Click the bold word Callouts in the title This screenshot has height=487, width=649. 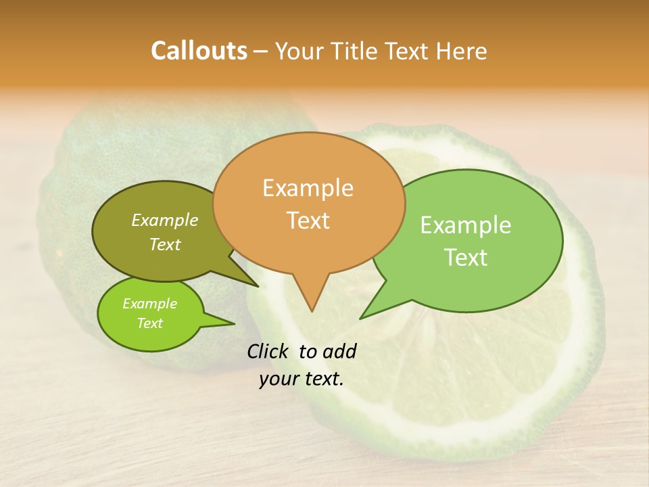[x=199, y=51]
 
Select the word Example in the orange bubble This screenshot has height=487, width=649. [x=308, y=188]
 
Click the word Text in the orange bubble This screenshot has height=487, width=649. [x=308, y=221]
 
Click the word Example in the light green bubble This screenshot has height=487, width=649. [x=466, y=225]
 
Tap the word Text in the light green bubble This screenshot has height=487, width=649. [x=466, y=258]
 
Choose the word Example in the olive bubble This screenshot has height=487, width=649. [x=165, y=220]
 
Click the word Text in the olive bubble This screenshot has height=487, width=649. [x=165, y=244]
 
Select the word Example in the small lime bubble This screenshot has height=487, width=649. [x=149, y=304]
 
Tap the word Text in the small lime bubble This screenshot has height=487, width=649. [x=149, y=323]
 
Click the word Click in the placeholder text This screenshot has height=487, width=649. [x=268, y=351]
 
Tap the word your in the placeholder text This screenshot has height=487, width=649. [x=279, y=379]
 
